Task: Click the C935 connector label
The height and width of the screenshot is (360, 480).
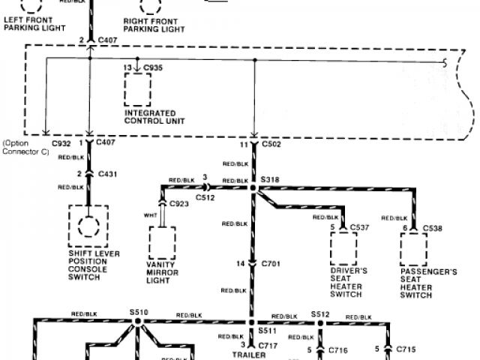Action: click(x=153, y=68)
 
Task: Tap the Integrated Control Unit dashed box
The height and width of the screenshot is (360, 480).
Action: click(x=139, y=91)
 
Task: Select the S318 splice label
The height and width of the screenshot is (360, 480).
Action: click(x=269, y=181)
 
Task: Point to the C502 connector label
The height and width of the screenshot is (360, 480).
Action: click(x=271, y=143)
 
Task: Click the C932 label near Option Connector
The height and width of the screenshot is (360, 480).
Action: click(x=61, y=142)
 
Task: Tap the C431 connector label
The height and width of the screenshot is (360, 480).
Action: click(x=109, y=173)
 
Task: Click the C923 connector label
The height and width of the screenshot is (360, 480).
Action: click(x=178, y=203)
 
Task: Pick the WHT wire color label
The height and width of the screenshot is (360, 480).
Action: click(x=149, y=217)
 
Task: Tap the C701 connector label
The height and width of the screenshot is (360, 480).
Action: click(x=270, y=264)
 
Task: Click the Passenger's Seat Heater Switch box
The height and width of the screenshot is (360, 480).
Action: click(x=413, y=244)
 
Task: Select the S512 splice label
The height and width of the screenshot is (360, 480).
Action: click(x=320, y=316)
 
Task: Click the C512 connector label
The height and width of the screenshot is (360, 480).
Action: click(x=206, y=198)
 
